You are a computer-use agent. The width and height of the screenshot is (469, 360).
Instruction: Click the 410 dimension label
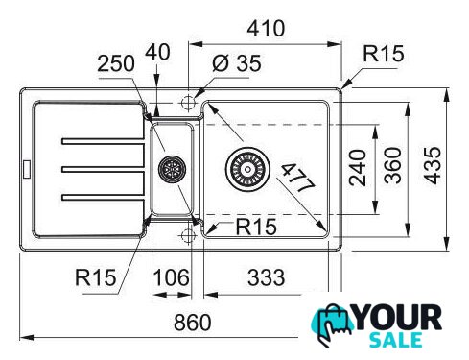coord(266,29)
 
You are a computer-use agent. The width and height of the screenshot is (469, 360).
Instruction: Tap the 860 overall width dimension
coord(193,323)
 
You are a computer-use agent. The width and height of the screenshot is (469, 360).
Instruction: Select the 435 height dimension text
coord(434,165)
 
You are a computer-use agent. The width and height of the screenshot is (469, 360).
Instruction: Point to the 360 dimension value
coord(392,165)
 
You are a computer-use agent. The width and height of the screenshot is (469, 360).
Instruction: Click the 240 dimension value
coord(358,168)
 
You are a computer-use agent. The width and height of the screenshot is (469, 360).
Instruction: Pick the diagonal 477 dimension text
coord(299,178)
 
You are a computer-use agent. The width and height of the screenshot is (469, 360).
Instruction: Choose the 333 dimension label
coord(266,277)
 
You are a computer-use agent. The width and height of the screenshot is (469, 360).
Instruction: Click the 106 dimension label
coord(172,277)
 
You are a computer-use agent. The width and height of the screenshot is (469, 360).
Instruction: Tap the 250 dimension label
coord(116,63)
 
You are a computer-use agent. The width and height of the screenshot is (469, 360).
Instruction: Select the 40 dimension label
coord(157,52)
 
